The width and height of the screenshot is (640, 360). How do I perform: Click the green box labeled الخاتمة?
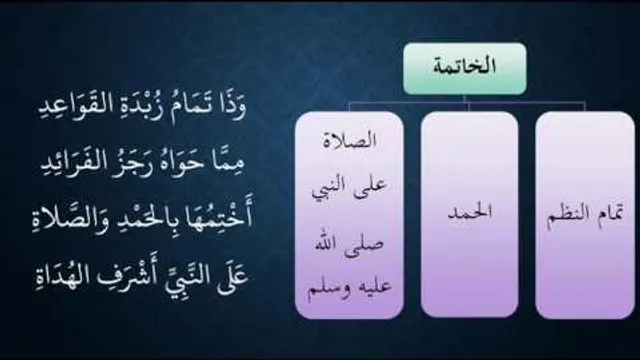[x=465, y=69]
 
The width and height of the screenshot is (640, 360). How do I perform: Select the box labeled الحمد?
[x=469, y=214]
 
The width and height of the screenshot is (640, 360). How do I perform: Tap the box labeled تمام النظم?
[x=585, y=215]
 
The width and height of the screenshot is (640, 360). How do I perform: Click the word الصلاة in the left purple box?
[x=349, y=140]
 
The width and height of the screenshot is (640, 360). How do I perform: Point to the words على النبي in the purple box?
[x=349, y=189]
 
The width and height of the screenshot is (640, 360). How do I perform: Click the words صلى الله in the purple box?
[x=349, y=244]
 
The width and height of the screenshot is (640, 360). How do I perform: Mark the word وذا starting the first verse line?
[x=231, y=107]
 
